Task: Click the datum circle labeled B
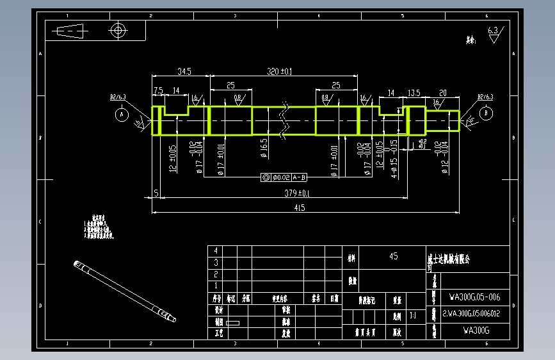coord(486,113)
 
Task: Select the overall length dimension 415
coord(299,207)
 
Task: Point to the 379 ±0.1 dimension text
coord(296,193)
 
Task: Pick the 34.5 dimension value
coord(184,70)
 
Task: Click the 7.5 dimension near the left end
coord(158,91)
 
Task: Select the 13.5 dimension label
coord(414,92)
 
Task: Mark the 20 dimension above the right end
coord(442,92)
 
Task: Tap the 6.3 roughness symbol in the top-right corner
coord(494,33)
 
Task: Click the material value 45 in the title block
coord(393,256)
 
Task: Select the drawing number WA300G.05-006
coord(474,297)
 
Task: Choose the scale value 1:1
coord(412,315)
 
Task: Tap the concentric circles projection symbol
coord(117,29)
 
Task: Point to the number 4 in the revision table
coord(216,250)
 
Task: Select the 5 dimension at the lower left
coord(156,193)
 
